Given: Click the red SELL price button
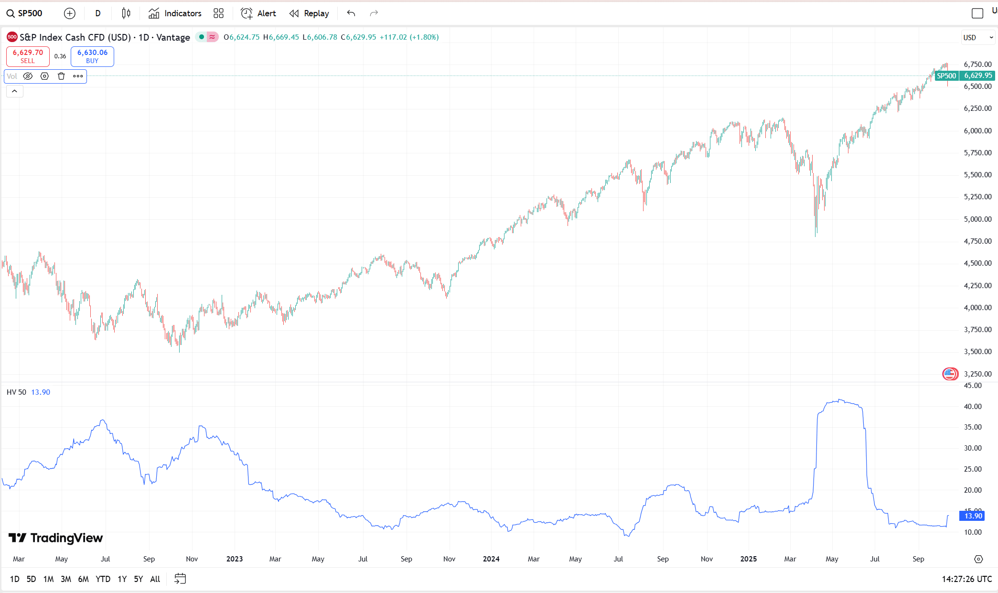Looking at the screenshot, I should pyautogui.click(x=28, y=56).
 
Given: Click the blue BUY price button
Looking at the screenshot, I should pyautogui.click(x=92, y=56).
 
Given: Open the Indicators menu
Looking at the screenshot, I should pyautogui.click(x=175, y=13).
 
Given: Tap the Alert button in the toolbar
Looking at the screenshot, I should pyautogui.click(x=258, y=13).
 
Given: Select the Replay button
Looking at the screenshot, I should pyautogui.click(x=309, y=13).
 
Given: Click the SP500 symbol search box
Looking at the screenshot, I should pyautogui.click(x=25, y=13).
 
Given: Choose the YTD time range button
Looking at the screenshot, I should pyautogui.click(x=103, y=579).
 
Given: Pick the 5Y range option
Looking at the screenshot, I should pyautogui.click(x=138, y=579).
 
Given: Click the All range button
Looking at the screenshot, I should pyautogui.click(x=155, y=579).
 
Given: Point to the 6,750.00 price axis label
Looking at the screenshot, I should pyautogui.click(x=977, y=65).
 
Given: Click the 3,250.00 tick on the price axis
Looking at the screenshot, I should pyautogui.click(x=977, y=374).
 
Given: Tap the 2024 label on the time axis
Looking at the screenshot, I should pyautogui.click(x=491, y=559).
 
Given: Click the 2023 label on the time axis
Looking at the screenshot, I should pyautogui.click(x=234, y=559).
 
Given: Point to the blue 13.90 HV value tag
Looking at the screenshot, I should pyautogui.click(x=973, y=516).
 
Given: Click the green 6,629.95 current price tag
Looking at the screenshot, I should pyautogui.click(x=977, y=75).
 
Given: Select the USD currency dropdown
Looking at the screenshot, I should pyautogui.click(x=977, y=37).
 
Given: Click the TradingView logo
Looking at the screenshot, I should pyautogui.click(x=55, y=538).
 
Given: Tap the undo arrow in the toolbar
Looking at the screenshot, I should pyautogui.click(x=351, y=13).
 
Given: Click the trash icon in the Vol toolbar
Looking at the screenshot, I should pyautogui.click(x=61, y=76).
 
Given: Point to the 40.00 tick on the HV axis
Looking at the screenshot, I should pyautogui.click(x=973, y=407).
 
